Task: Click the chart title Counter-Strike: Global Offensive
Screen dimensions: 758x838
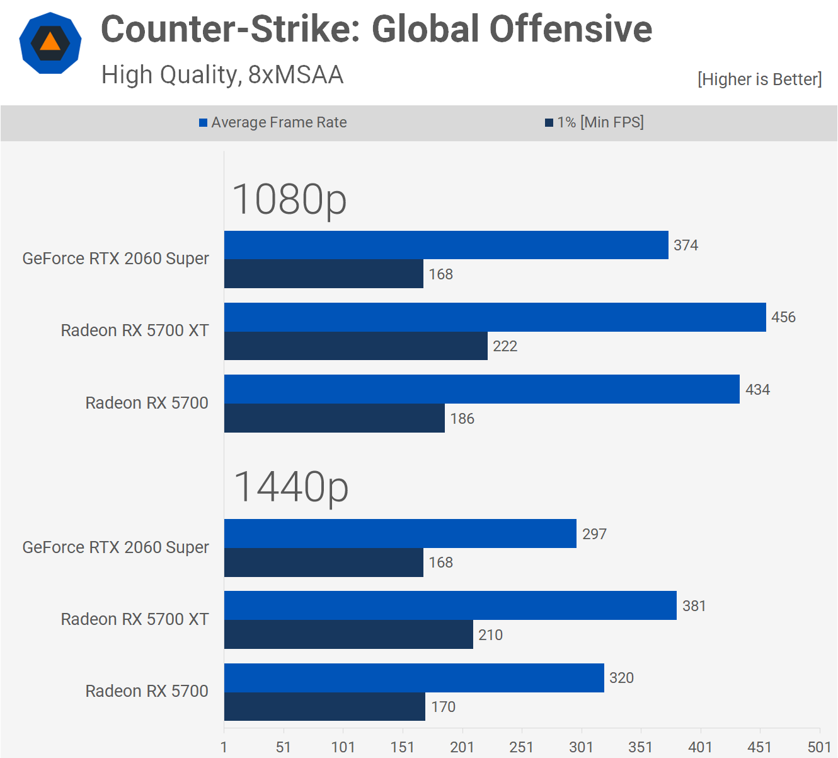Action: [376, 30]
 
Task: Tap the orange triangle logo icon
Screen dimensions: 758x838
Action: [50, 43]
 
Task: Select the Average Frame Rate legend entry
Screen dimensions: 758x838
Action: [273, 122]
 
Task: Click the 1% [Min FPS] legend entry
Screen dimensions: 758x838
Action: [594, 122]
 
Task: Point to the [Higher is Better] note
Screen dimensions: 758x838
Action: [759, 79]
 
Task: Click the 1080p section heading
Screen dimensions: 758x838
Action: [289, 199]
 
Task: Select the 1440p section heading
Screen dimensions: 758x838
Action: [290, 487]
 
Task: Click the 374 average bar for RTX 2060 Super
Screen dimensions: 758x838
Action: [446, 245]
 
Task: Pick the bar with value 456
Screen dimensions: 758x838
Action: [495, 317]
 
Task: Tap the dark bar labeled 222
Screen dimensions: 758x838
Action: [355, 346]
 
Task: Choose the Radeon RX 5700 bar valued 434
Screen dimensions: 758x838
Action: [481, 389]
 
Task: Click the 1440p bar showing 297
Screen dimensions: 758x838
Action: [400, 534]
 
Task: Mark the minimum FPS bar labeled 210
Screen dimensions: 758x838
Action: [348, 634]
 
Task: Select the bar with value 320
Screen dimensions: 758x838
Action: [414, 678]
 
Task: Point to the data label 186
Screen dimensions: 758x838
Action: [462, 419]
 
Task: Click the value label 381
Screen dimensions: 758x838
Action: [694, 606]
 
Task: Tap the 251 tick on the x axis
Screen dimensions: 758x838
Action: [521, 747]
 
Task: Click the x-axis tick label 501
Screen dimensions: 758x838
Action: [819, 747]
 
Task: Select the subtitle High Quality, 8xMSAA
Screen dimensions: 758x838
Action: [222, 75]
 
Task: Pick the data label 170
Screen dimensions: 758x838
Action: [443, 707]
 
